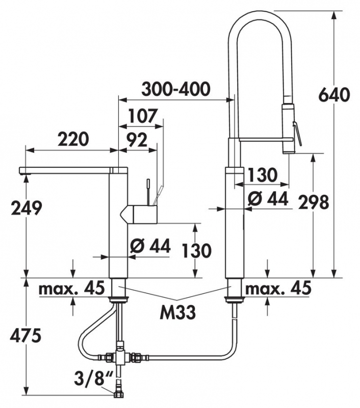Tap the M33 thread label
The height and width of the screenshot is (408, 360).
click(177, 312)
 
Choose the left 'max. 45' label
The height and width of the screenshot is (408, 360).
click(72, 289)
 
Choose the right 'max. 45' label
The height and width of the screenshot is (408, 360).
click(278, 289)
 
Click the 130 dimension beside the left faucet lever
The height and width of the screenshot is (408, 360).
click(196, 250)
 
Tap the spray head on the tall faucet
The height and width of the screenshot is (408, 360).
click(289, 127)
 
